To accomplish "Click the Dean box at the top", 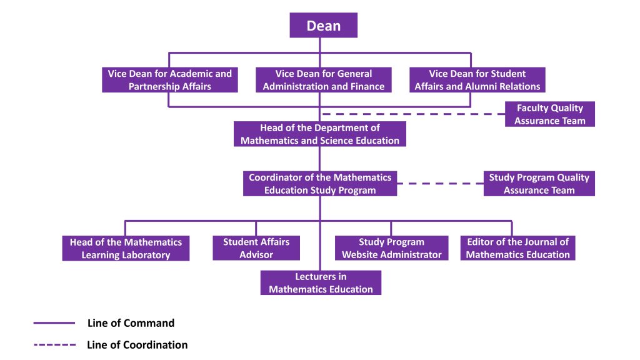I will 323,26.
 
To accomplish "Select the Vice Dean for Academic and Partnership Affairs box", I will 170,80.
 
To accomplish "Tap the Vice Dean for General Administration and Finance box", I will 324,80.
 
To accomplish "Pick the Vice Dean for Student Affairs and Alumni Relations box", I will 477,80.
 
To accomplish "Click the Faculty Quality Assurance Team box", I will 550,114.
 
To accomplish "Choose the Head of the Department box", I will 320,134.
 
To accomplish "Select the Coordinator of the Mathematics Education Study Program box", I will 320,184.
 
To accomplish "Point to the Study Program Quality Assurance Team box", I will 539,184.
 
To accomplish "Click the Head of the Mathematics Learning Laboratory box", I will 126,248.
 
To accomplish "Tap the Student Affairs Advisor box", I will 256,248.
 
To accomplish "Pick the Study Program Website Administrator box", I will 391,248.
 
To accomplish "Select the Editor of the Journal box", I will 517,248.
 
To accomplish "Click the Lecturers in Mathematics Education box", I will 321,282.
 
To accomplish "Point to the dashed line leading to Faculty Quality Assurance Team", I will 412,114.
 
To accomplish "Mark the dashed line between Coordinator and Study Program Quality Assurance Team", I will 440,184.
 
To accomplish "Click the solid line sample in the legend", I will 54,323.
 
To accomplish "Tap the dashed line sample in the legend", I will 54,344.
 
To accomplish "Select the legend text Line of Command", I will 131,323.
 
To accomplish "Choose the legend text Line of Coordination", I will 137,344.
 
